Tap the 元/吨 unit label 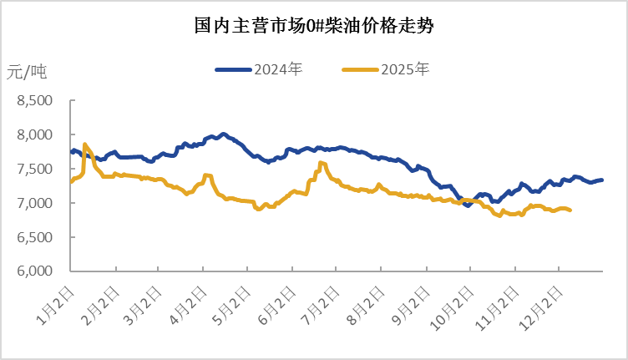[x=27, y=72]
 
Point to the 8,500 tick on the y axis [x=35, y=100]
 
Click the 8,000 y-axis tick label [x=35, y=134]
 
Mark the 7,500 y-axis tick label [x=35, y=169]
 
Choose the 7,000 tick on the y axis [x=35, y=203]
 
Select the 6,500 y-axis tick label [x=35, y=237]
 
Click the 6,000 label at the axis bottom [x=35, y=271]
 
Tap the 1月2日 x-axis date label [x=56, y=303]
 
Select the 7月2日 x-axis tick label [x=322, y=303]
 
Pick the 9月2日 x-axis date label [x=411, y=303]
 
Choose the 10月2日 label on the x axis [x=453, y=305]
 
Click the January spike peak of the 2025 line [x=85, y=145]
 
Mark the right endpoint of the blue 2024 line [x=602, y=180]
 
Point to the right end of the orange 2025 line [x=570, y=210]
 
